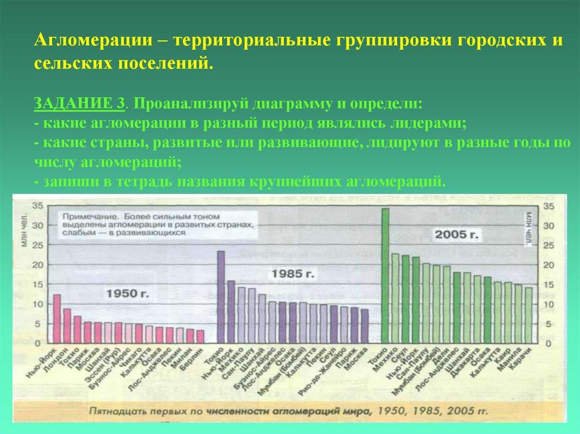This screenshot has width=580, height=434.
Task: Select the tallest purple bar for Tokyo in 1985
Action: pos(221,297)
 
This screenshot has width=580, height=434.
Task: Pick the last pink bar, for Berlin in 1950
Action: pos(200,336)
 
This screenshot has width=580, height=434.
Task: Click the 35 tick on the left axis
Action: pos(36,205)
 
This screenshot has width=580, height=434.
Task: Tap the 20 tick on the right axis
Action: pos(548,265)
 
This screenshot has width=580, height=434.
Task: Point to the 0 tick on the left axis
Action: pos(39,343)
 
